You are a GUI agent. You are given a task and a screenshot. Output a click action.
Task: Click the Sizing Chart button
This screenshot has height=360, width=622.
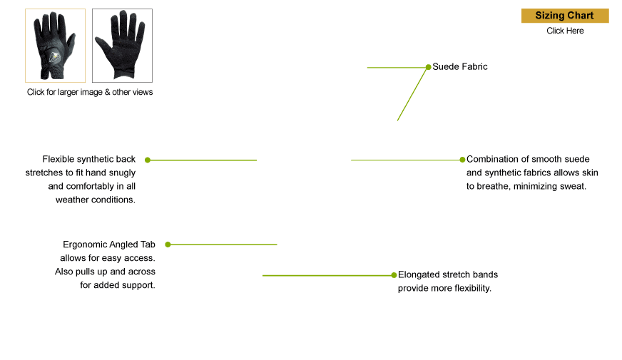pos(565,16)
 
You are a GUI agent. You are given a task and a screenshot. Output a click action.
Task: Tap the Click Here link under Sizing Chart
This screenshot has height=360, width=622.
pos(565,31)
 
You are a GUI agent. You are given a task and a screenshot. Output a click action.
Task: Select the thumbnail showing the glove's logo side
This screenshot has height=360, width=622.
pos(55,46)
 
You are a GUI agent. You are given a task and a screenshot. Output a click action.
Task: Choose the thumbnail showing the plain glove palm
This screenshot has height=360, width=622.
pos(122,46)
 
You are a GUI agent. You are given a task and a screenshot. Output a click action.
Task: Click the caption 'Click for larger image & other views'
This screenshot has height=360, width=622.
pos(90,92)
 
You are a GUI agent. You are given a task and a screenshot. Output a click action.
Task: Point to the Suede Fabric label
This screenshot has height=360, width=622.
pos(460,66)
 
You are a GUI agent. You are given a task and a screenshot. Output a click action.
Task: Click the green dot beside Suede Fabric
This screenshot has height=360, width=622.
pos(429,67)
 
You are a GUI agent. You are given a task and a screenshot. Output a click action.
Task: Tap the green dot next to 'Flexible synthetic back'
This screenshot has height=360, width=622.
pos(148,160)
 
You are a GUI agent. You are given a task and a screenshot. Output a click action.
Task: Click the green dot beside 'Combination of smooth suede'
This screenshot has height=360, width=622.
pos(462,160)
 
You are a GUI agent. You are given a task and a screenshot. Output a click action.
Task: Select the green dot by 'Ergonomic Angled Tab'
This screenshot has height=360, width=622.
pos(168,245)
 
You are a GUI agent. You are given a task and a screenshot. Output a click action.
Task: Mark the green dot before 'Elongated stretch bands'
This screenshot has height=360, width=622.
pos(394,275)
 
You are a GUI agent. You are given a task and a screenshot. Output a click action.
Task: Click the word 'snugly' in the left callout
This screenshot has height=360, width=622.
pos(123,173)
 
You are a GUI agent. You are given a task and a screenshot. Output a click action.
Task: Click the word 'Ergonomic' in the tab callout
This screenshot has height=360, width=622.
pos(84,245)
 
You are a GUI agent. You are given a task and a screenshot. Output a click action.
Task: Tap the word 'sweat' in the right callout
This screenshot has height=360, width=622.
pos(573,186)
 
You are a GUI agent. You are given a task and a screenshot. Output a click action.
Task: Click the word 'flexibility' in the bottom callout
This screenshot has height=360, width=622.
pos(473,288)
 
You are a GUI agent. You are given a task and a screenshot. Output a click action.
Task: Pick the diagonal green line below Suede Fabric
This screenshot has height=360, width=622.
pos(412,94)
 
